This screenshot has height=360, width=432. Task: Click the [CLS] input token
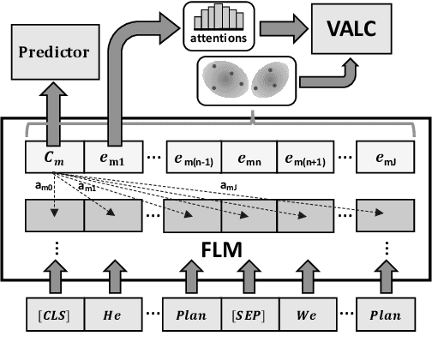click(x=56, y=315)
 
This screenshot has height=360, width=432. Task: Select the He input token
click(x=112, y=315)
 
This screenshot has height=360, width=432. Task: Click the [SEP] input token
click(x=249, y=315)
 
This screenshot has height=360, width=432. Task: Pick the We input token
click(x=305, y=315)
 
